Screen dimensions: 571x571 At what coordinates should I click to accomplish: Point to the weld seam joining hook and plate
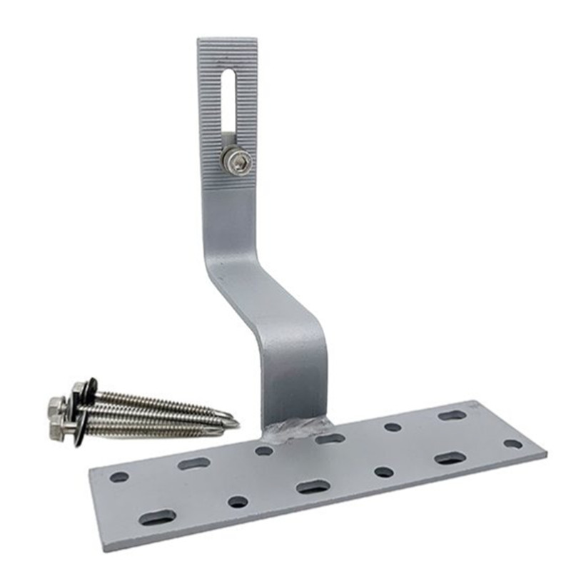point(296,428)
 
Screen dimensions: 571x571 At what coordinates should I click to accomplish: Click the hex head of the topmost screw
point(78,390)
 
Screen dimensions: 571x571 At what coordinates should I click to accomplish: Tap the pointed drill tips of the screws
point(230,423)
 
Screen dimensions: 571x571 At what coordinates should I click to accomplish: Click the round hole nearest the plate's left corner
point(119,476)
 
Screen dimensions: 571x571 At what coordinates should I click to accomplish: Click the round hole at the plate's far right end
point(512,443)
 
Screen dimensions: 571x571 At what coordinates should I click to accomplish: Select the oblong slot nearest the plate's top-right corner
point(452,414)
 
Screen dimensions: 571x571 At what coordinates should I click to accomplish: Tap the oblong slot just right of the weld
point(330,438)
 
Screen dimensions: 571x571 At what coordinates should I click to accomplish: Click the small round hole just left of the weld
point(264,450)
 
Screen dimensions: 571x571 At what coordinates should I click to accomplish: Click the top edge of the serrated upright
point(226,41)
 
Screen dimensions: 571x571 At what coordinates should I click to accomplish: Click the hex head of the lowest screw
point(57,430)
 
